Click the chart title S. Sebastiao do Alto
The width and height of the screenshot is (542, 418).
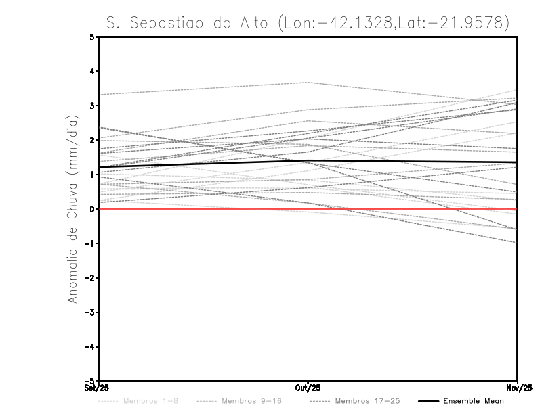(x=308, y=22)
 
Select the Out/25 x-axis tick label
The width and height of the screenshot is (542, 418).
(x=308, y=388)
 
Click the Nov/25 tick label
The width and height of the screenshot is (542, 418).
(x=518, y=388)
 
